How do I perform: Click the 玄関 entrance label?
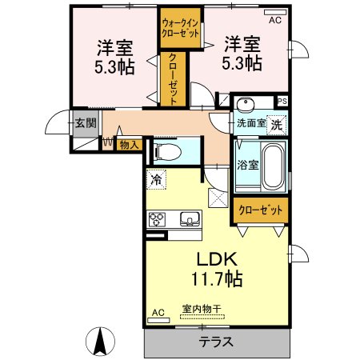click(x=86, y=123)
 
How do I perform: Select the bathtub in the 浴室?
click(x=273, y=167)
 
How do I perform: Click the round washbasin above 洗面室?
click(x=245, y=104)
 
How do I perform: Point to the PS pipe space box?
click(x=282, y=102)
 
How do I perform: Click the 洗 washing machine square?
click(x=277, y=125)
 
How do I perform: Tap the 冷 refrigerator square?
click(x=156, y=179)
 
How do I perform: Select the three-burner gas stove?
click(x=157, y=219)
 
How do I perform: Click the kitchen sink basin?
click(x=190, y=219)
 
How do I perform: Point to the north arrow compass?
click(x=101, y=342)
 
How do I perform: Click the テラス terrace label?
click(x=216, y=342)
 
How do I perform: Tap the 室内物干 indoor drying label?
click(x=202, y=309)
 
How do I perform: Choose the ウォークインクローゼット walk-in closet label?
click(x=181, y=28)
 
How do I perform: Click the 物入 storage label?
click(x=130, y=146)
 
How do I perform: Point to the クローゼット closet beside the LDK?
click(x=260, y=210)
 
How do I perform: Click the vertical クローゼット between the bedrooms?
click(x=173, y=79)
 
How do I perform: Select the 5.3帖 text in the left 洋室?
click(x=114, y=67)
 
